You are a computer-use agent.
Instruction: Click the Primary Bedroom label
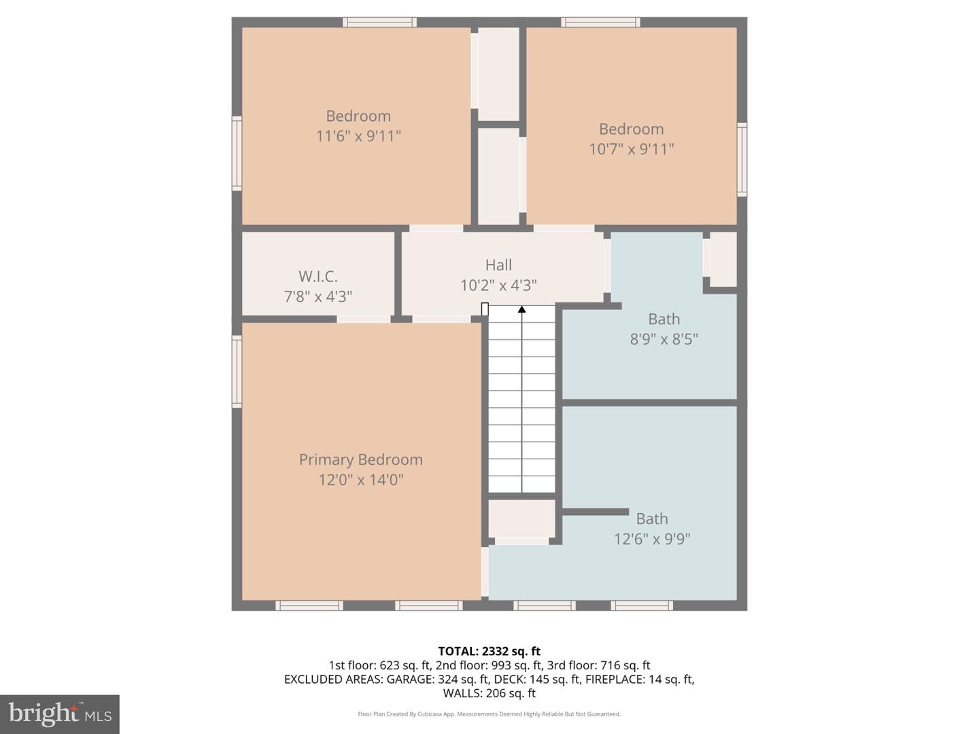(x=361, y=460)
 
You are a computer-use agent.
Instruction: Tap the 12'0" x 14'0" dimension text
(x=361, y=480)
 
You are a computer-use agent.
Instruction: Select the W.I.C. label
(x=317, y=277)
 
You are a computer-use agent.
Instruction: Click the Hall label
(x=498, y=265)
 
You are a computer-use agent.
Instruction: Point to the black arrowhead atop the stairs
(x=521, y=310)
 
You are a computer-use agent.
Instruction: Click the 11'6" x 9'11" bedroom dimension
(x=358, y=136)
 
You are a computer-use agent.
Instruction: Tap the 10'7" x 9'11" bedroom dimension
(x=631, y=149)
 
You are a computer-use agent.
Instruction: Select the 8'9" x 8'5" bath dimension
(x=664, y=339)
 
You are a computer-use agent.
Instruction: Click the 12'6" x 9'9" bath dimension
(x=652, y=539)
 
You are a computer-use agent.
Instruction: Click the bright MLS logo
(x=60, y=714)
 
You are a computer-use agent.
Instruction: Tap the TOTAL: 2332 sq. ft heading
(x=489, y=651)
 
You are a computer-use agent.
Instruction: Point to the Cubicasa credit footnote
(x=489, y=714)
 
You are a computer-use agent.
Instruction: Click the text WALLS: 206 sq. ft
(x=489, y=693)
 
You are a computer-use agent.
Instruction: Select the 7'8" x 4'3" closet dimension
(x=317, y=297)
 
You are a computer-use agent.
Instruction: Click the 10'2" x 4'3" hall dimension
(x=498, y=285)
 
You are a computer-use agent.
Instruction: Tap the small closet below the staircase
(x=521, y=519)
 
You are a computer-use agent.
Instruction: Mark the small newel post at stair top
(x=485, y=309)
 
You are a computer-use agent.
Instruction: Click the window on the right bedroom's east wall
(x=742, y=160)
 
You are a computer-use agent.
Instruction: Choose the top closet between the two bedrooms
(x=498, y=73)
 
